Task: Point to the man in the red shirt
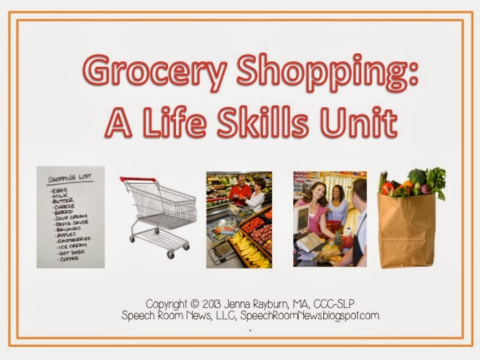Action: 239,193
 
